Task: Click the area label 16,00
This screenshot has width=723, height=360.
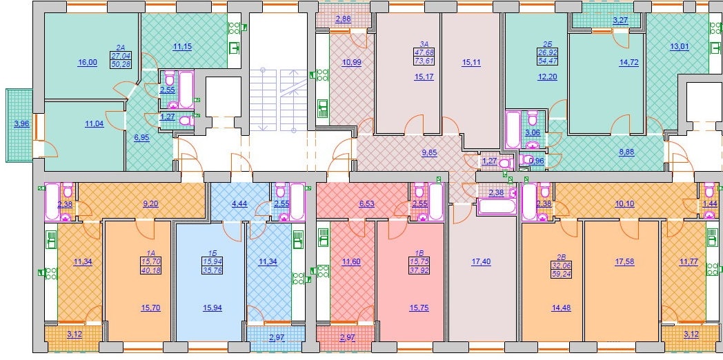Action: (87, 63)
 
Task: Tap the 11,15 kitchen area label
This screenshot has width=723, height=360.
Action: (182, 46)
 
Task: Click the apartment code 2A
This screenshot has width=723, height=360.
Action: (121, 47)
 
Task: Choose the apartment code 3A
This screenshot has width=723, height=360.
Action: (424, 44)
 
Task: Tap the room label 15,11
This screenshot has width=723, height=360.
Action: (471, 63)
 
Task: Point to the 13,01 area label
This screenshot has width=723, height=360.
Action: (680, 46)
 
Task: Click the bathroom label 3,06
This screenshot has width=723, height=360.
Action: (533, 134)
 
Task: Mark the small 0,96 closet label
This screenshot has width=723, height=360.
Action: (536, 161)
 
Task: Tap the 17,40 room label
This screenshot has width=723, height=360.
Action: (481, 262)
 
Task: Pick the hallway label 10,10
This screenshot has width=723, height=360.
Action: (625, 203)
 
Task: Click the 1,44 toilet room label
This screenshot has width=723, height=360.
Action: (710, 203)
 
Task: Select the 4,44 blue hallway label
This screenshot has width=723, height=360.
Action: (239, 203)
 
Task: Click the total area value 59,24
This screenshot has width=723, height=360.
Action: (561, 272)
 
